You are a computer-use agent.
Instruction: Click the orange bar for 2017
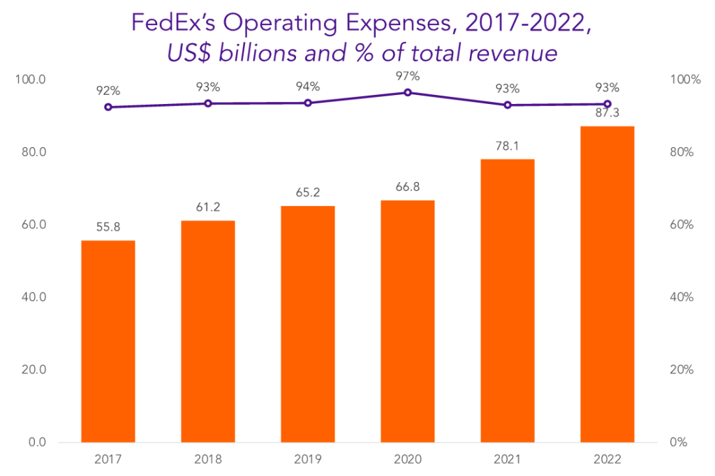pyautogui.click(x=108, y=341)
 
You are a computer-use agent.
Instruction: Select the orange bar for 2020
pyautogui.click(x=407, y=321)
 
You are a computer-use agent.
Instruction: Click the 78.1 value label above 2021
pyautogui.click(x=508, y=147)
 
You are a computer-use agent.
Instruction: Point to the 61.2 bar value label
pyautogui.click(x=208, y=208)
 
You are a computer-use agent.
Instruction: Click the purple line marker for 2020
pyautogui.click(x=408, y=92)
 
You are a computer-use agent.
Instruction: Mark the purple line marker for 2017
pyautogui.click(x=108, y=107)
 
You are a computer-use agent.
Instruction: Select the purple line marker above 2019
pyautogui.click(x=308, y=103)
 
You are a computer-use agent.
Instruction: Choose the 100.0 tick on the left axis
pyautogui.click(x=31, y=80)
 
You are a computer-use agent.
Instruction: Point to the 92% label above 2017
pyautogui.click(x=108, y=91)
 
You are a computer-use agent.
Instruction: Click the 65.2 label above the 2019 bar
pyautogui.click(x=308, y=193)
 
